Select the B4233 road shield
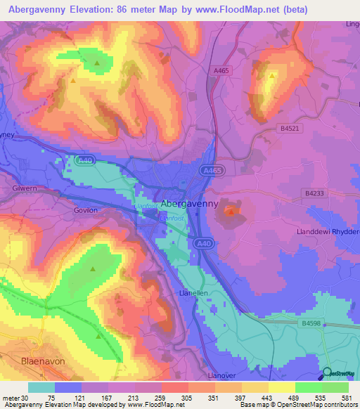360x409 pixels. point(316,192)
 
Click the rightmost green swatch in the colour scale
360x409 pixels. point(335,387)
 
